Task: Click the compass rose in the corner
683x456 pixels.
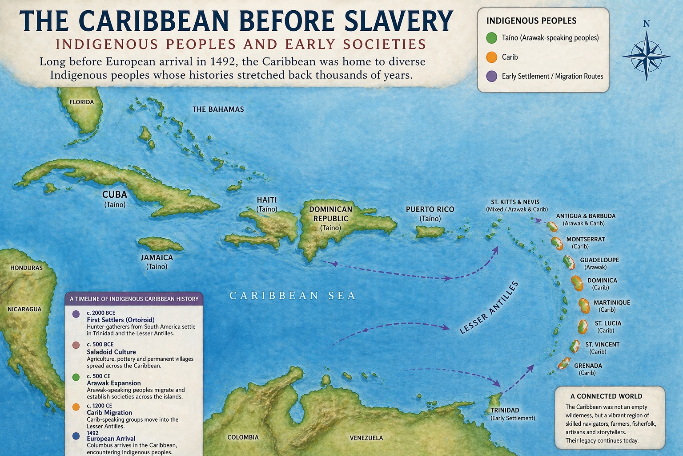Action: (646, 56)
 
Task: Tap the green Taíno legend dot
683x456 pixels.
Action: (491, 38)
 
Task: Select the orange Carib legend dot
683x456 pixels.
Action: (491, 57)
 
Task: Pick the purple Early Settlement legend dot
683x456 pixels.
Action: (491, 76)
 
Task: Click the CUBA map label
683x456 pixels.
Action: (115, 195)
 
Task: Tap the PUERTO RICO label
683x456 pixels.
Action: (430, 209)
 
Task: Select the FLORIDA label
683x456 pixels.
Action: (82, 102)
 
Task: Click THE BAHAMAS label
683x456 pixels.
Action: (218, 109)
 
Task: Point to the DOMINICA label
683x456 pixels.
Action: (602, 281)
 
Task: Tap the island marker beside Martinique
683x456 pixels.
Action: (584, 305)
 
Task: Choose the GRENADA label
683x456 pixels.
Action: (588, 366)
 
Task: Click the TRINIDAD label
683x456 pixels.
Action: (505, 410)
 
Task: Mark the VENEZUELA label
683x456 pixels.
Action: (366, 438)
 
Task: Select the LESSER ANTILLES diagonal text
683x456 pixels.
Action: (489, 308)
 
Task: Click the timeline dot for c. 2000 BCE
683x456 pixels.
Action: (76, 314)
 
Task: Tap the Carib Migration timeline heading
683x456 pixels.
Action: (109, 413)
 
